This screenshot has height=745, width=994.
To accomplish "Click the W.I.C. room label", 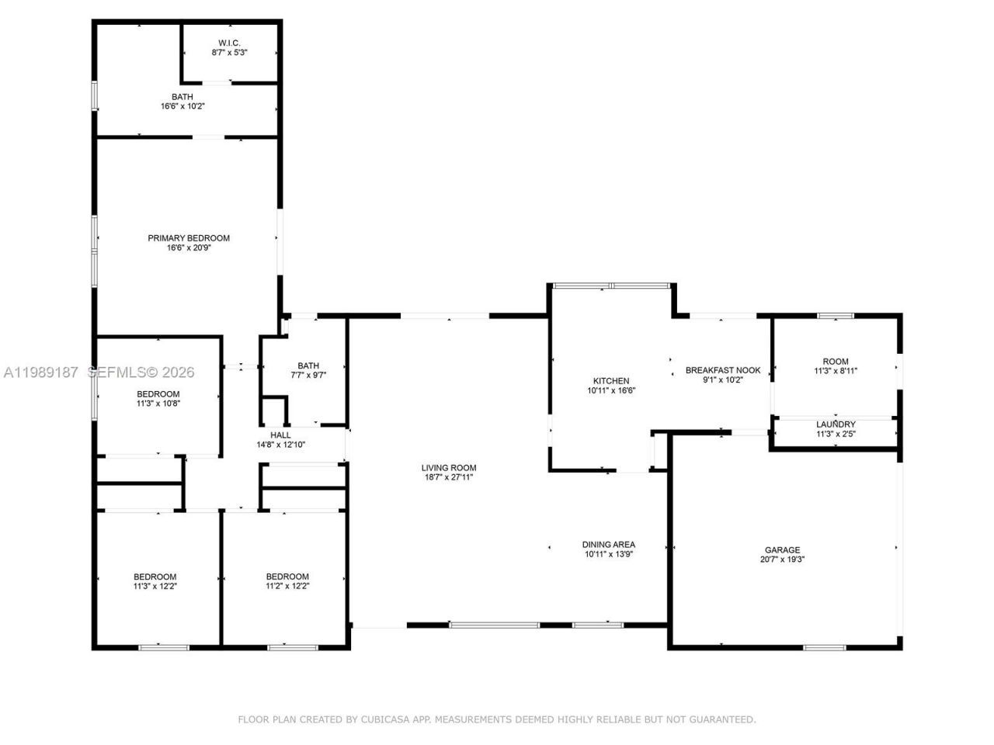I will pos(228,43).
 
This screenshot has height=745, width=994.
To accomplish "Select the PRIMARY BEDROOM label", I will pos(189,238).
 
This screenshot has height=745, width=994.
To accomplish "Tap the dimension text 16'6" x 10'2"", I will pos(182,106).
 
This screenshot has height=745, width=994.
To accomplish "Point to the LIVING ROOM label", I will pos(449,468).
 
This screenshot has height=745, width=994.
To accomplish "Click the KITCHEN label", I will pos(611,381).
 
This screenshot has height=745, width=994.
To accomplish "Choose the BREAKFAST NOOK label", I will pos(723,370).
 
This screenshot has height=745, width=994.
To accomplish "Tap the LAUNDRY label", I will pos(836,424).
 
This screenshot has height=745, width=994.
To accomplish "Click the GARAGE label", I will pos(782,550).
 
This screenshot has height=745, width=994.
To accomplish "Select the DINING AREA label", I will pos(609,545).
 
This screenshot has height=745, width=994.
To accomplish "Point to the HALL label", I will pos(280,435).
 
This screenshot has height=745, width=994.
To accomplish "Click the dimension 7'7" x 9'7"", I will pos(308,375).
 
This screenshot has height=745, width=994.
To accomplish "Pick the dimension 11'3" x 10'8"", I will pos(158,404).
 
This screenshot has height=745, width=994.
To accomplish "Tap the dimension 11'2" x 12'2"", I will pos(287,586).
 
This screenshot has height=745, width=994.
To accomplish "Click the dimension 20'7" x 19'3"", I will pos(782,560).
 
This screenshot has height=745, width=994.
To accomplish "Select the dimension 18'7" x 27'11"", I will pos(449,477).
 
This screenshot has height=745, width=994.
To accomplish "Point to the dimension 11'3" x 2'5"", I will pos(836,434).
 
